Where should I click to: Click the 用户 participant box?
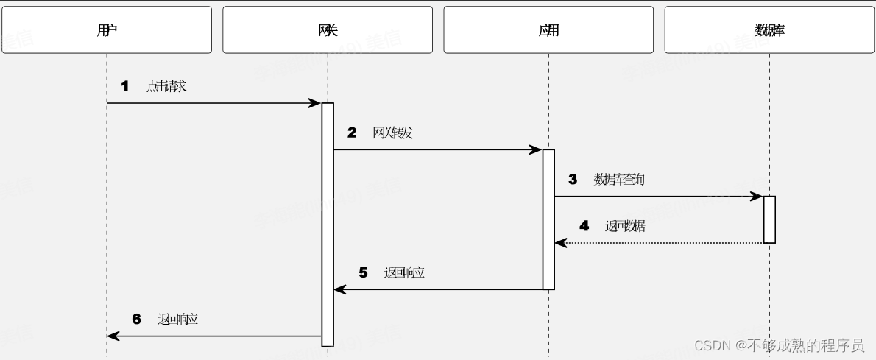pyautogui.click(x=107, y=30)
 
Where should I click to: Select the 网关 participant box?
pyautogui.click(x=328, y=30)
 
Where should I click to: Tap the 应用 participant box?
pyautogui.click(x=548, y=30)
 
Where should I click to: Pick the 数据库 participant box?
pyautogui.click(x=769, y=30)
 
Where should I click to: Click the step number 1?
pyautogui.click(x=124, y=86)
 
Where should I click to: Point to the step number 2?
pyautogui.click(x=352, y=133)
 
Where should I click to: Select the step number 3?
pyautogui.click(x=573, y=179)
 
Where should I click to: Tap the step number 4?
pyautogui.click(x=584, y=226)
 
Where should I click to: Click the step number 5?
pyautogui.click(x=363, y=272)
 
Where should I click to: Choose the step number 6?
pyautogui.click(x=136, y=319)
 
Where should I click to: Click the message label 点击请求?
pyautogui.click(x=166, y=86)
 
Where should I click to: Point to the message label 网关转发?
pyautogui.click(x=393, y=133)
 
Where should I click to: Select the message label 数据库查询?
pyautogui.click(x=620, y=179)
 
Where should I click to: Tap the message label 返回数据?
pyautogui.click(x=626, y=226)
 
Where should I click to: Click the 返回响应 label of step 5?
pyautogui.click(x=405, y=272)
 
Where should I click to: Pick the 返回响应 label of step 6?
pyautogui.click(x=178, y=319)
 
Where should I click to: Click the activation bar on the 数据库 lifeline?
pyautogui.click(x=769, y=219)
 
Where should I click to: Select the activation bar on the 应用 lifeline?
pyautogui.click(x=548, y=219)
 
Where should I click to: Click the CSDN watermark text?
pyautogui.click(x=779, y=345)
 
